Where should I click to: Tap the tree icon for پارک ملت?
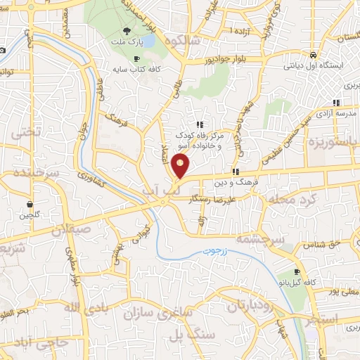point(127,31)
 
